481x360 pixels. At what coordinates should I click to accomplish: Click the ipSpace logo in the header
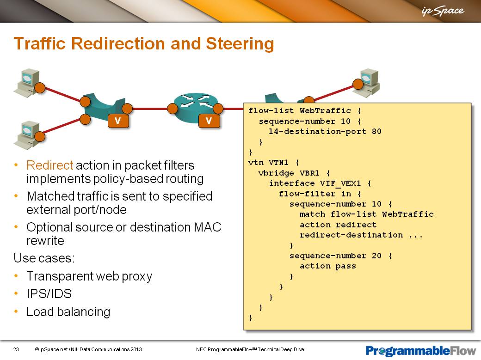(x=443, y=11)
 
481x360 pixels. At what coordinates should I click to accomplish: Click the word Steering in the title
(x=240, y=43)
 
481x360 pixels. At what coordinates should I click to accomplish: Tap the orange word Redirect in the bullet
(x=49, y=165)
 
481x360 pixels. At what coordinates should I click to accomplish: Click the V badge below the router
(x=209, y=121)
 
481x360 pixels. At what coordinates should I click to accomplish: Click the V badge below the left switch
(x=118, y=121)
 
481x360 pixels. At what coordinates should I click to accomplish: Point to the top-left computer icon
(x=27, y=83)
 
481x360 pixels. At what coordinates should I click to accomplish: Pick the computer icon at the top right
(x=370, y=83)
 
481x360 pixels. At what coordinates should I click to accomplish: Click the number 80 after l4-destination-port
(x=376, y=132)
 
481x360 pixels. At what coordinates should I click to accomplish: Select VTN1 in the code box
(x=278, y=163)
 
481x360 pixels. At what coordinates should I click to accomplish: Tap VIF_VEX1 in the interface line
(x=340, y=183)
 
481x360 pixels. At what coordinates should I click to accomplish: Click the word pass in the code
(x=346, y=266)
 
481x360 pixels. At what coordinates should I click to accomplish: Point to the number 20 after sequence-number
(x=376, y=256)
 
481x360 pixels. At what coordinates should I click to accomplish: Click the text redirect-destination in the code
(x=351, y=235)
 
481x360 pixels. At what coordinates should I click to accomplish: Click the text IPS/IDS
(x=49, y=294)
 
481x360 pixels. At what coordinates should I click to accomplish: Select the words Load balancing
(x=68, y=312)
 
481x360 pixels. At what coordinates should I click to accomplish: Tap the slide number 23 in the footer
(x=16, y=349)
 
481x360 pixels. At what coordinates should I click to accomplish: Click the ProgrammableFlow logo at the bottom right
(x=420, y=350)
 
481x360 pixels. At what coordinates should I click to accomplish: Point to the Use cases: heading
(x=44, y=258)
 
